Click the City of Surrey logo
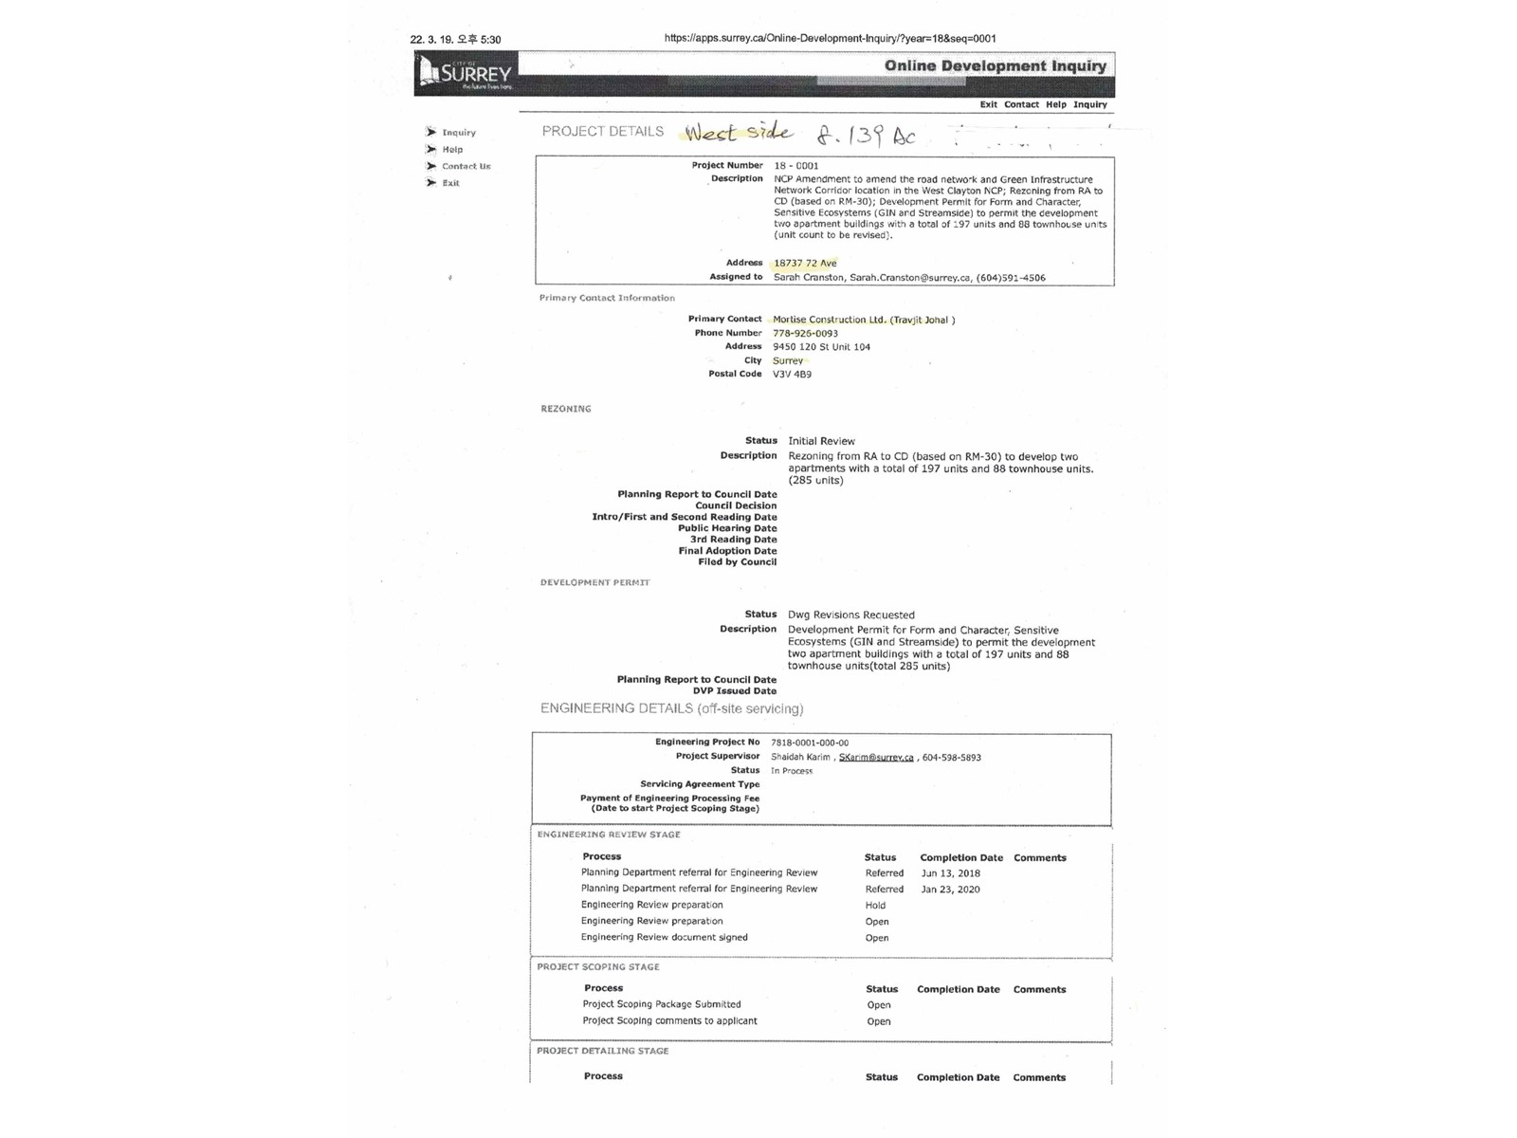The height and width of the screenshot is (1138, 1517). click(466, 73)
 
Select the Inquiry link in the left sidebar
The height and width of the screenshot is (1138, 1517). click(459, 133)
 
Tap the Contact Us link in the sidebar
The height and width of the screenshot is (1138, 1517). click(466, 167)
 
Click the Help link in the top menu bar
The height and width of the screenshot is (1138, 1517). click(1055, 105)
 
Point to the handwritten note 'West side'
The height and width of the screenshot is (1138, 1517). click(739, 132)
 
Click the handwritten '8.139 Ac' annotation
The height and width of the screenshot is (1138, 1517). click(867, 136)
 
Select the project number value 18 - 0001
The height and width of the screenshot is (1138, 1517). click(795, 166)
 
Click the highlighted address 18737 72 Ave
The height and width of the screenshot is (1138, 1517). click(805, 264)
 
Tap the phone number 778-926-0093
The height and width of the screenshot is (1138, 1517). click(805, 334)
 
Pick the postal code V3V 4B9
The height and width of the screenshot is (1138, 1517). click(792, 375)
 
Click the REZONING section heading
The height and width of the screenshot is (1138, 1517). click(566, 410)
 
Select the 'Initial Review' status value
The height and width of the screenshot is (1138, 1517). click(821, 442)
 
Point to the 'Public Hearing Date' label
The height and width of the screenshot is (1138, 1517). click(727, 529)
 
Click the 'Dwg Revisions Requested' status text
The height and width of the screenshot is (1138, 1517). click(850, 615)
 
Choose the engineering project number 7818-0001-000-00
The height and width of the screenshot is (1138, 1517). click(810, 743)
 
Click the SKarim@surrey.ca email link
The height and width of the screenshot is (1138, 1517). click(876, 758)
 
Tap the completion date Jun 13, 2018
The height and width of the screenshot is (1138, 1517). click(950, 874)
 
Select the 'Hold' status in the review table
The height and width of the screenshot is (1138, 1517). click(875, 906)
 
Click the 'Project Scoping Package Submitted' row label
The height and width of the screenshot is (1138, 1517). click(662, 1005)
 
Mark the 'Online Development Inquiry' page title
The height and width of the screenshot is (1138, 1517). click(995, 66)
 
